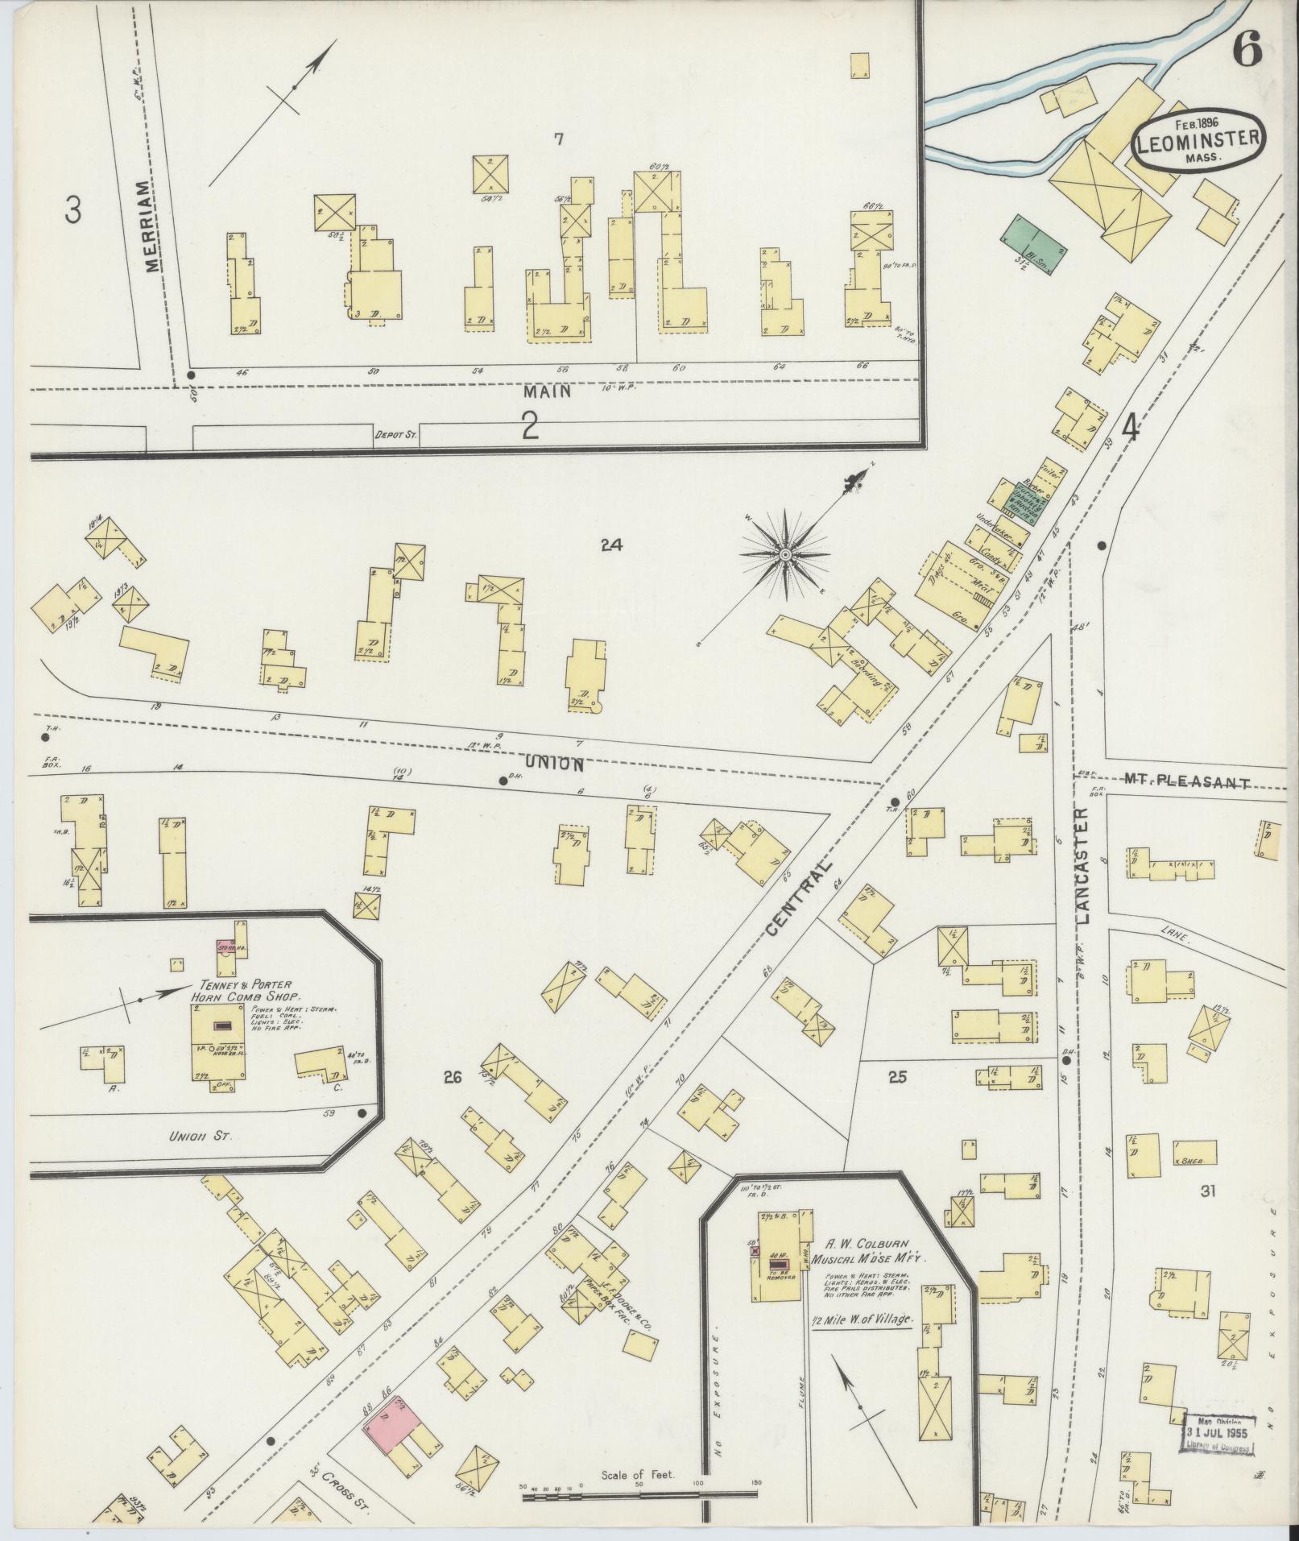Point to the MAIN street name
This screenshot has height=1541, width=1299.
coord(547,391)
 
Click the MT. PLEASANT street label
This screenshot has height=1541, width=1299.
coord(1185,782)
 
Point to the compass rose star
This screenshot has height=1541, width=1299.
coord(784,554)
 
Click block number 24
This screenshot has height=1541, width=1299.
coord(612,545)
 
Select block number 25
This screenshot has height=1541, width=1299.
coord(897,1077)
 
